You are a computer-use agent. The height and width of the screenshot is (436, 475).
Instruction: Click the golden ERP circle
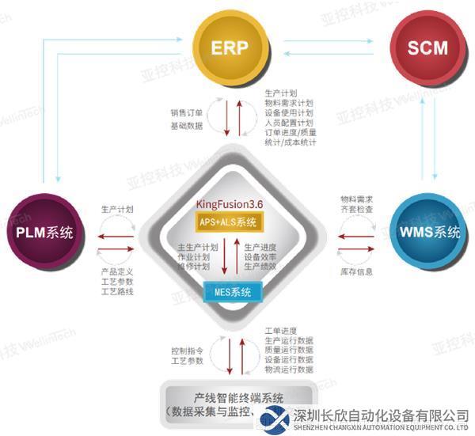pyautogui.click(x=228, y=47)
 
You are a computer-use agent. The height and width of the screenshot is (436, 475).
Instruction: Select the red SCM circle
pyautogui.click(x=428, y=47)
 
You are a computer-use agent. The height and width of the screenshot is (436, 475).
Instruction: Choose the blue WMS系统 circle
pyautogui.click(x=430, y=233)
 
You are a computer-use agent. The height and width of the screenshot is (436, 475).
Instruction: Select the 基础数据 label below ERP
pyautogui.click(x=186, y=126)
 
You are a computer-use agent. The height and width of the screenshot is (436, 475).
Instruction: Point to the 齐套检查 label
pyautogui.click(x=357, y=210)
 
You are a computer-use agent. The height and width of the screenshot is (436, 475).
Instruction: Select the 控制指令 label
pyautogui.click(x=186, y=349)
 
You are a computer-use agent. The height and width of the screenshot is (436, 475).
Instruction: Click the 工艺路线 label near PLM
pyautogui.click(x=118, y=291)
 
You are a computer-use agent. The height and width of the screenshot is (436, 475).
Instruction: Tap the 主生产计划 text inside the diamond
pyautogui.click(x=197, y=247)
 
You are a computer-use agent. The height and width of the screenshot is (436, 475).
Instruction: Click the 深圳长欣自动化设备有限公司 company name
pyautogui.click(x=380, y=415)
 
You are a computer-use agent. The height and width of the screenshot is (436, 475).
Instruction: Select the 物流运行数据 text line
pyautogui.click(x=289, y=370)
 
